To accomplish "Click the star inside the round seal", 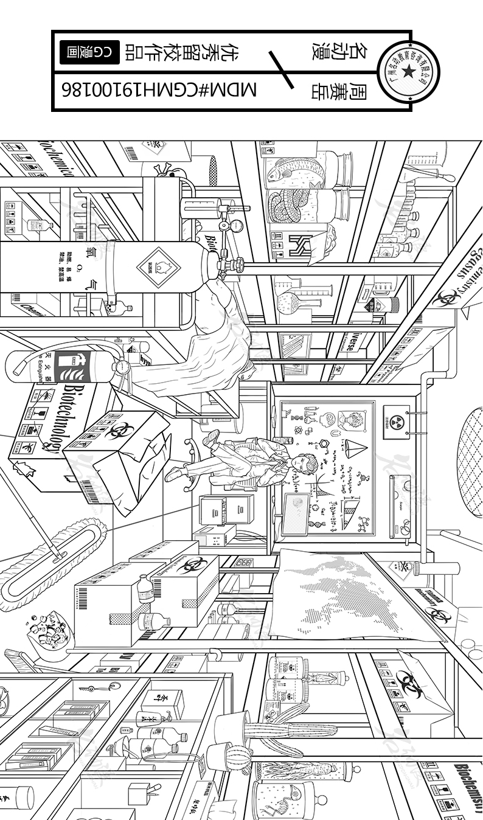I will [408, 72].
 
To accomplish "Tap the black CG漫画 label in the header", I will [89, 53].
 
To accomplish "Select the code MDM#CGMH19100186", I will [159, 91].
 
